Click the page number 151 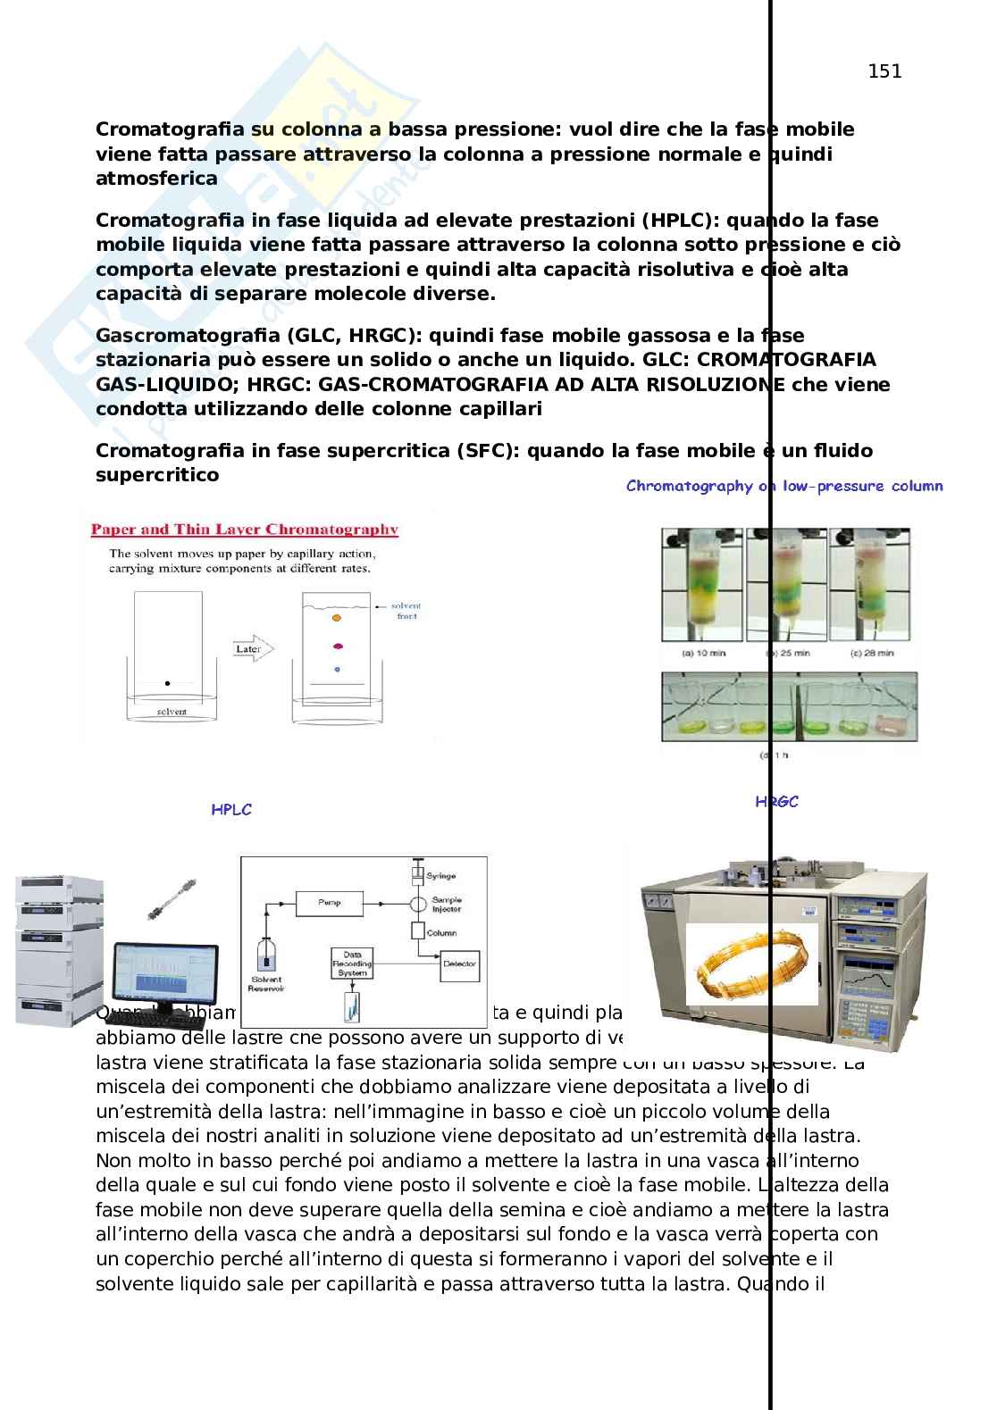click(884, 71)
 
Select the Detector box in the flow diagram click(459, 964)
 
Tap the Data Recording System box click(352, 964)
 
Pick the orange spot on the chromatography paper click(337, 617)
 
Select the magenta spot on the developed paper click(338, 647)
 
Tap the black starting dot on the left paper click(167, 683)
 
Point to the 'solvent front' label click(406, 611)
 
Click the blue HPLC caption click(231, 810)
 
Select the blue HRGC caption click(776, 802)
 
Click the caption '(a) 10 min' click(704, 654)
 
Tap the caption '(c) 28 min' click(872, 654)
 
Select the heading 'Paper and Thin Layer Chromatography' click(244, 530)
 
